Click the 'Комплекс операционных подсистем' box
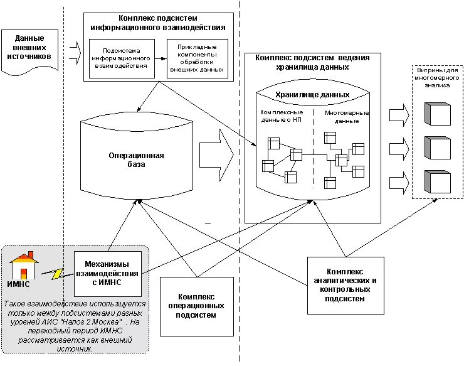(x=197, y=306)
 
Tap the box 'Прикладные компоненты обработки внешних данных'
(x=197, y=58)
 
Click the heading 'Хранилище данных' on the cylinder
(x=312, y=95)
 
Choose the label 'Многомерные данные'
(x=346, y=116)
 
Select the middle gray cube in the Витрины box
(x=438, y=148)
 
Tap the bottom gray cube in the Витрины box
(x=438, y=181)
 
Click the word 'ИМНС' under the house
(x=19, y=285)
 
